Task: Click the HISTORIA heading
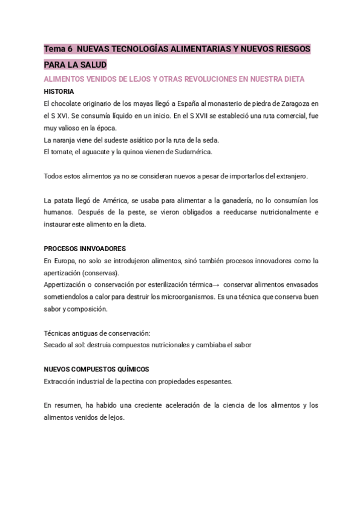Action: coord(59,91)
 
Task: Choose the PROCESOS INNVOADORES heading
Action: coord(85,249)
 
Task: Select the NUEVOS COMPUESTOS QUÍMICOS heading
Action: coord(96,369)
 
